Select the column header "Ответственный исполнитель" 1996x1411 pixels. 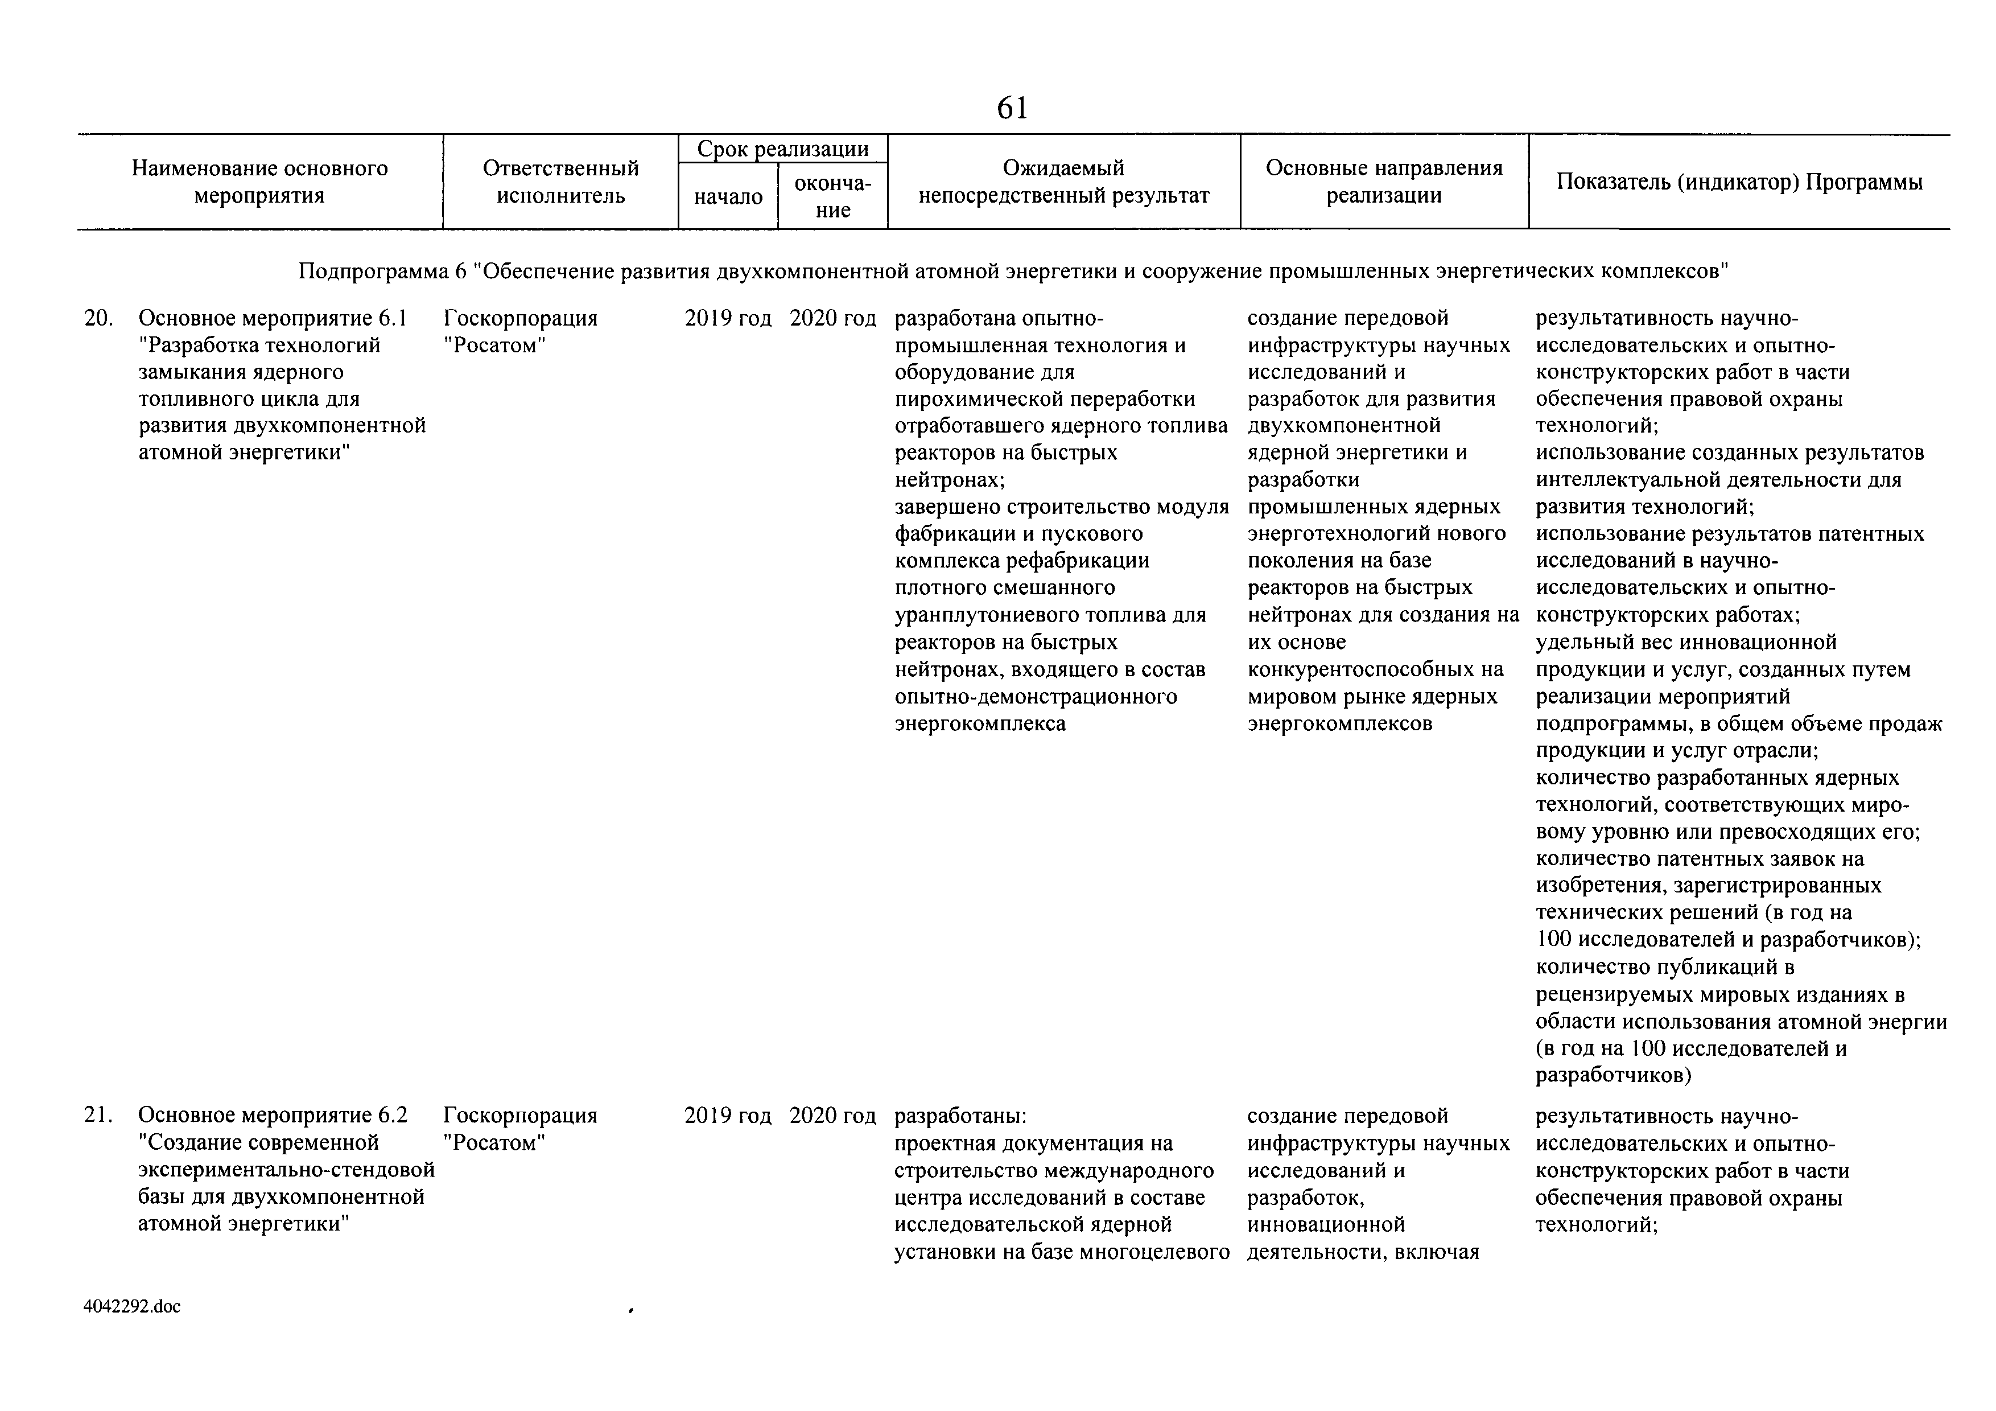coord(560,182)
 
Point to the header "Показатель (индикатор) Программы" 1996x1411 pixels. coord(1739,182)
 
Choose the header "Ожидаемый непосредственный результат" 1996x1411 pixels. coord(1063,182)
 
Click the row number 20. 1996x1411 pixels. coord(98,318)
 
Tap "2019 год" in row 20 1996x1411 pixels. coord(728,318)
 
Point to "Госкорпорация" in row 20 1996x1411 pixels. coord(520,318)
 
